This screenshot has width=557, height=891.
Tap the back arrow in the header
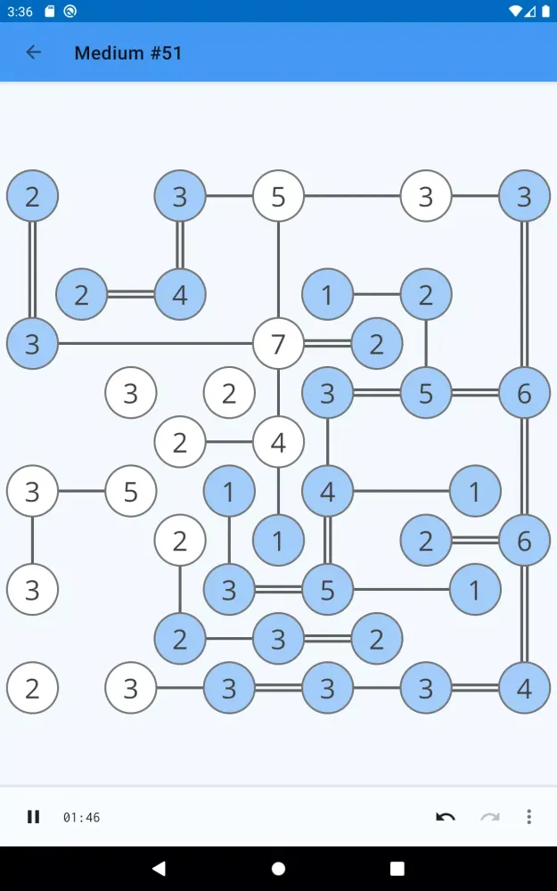[34, 53]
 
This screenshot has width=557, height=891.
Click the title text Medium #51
[128, 53]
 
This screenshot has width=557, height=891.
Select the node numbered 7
[278, 343]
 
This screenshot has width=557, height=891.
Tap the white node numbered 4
[278, 441]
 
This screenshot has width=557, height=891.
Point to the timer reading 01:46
[81, 817]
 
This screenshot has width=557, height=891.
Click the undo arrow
[446, 817]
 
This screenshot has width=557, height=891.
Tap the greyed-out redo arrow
[490, 817]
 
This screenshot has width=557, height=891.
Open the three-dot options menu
[529, 817]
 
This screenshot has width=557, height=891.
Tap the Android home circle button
[278, 869]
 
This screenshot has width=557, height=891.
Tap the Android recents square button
[397, 869]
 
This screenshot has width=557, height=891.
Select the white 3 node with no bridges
[131, 392]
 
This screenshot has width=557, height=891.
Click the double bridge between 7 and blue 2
[327, 343]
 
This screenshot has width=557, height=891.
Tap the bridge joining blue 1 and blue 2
[376, 294]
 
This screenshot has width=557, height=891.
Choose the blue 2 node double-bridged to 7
[376, 343]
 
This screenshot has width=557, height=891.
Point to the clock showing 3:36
[19, 12]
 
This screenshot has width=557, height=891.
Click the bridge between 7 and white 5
[278, 267]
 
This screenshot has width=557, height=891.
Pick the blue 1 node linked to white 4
[278, 539]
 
